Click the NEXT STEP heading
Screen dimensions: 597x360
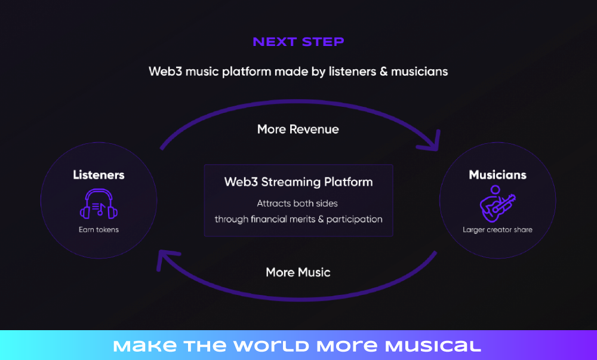[x=298, y=41]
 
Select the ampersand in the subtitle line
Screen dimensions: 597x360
[x=383, y=72]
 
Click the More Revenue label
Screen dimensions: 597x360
[x=298, y=130]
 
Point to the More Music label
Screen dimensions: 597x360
[x=298, y=272]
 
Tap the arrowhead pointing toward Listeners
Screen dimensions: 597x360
[x=165, y=259]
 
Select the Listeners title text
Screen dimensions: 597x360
[x=99, y=175]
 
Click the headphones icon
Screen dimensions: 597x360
[x=99, y=204]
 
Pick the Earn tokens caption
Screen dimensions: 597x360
[x=99, y=230]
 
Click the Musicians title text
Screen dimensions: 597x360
[x=498, y=175]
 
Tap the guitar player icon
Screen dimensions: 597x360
[x=497, y=204]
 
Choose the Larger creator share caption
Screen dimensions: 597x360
[x=498, y=230]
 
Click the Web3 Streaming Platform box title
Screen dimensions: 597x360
[x=298, y=182]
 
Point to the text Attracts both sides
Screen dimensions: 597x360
[x=297, y=204]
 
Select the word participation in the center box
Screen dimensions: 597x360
[x=355, y=220]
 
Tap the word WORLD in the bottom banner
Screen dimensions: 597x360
[x=271, y=346]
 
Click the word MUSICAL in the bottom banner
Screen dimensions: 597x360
[x=433, y=346]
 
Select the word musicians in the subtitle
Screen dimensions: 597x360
[x=420, y=72]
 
